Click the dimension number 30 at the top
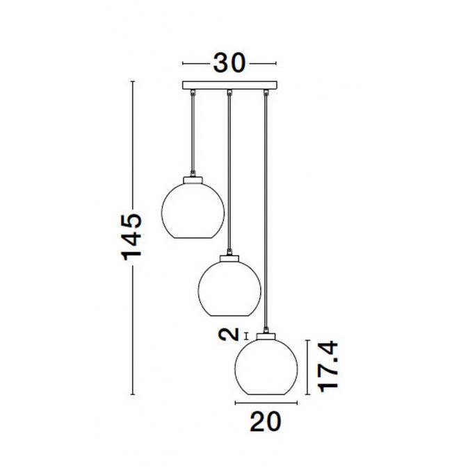(229, 63)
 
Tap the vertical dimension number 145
(131, 237)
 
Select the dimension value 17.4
(328, 367)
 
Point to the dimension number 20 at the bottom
(266, 421)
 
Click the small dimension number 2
(229, 335)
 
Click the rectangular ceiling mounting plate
(229, 85)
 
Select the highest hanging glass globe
(193, 210)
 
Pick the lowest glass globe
(266, 367)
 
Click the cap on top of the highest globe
(193, 180)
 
